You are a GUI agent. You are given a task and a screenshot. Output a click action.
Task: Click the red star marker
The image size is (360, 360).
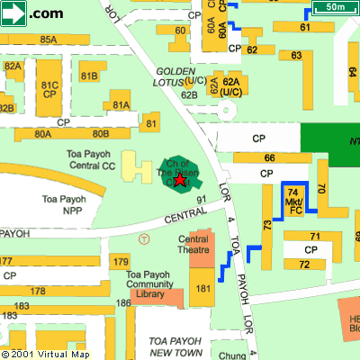pyautogui.click(x=179, y=181)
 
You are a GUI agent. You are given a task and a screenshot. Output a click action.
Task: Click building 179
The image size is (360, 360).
pyautogui.click(x=121, y=261)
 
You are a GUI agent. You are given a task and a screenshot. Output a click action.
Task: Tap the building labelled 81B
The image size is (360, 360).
pyautogui.click(x=89, y=76)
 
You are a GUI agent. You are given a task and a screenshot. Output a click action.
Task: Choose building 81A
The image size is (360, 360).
pyautogui.click(x=121, y=105)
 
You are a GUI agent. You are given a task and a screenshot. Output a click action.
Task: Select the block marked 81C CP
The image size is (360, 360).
pyautogui.click(x=49, y=89)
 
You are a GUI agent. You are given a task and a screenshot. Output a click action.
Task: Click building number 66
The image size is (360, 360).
pyautogui.click(x=268, y=157)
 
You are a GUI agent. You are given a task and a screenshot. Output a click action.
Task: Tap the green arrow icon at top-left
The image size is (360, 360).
pyautogui.click(x=14, y=12)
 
